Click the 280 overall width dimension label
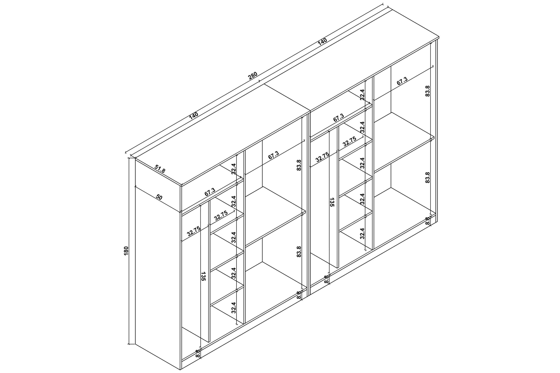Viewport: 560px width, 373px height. pyautogui.click(x=253, y=75)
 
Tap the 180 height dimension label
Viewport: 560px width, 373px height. pyautogui.click(x=126, y=251)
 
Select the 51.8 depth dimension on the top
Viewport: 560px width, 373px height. pyautogui.click(x=160, y=169)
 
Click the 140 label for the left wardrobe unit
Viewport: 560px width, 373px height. pyautogui.click(x=194, y=116)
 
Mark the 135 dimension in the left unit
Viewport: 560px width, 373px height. pyautogui.click(x=203, y=276)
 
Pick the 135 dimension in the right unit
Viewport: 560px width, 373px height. pyautogui.click(x=332, y=202)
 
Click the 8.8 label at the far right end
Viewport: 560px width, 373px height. pyautogui.click(x=428, y=221)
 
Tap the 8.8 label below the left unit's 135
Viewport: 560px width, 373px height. pyautogui.click(x=197, y=353)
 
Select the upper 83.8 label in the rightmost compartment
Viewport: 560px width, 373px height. pyautogui.click(x=428, y=91)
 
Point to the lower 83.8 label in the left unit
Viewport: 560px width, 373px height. pyautogui.click(x=299, y=251)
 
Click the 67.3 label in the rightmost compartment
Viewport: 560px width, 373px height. pyautogui.click(x=402, y=81)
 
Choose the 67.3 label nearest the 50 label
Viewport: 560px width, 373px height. pyautogui.click(x=210, y=192)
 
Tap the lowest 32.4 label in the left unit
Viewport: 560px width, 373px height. pyautogui.click(x=234, y=308)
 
